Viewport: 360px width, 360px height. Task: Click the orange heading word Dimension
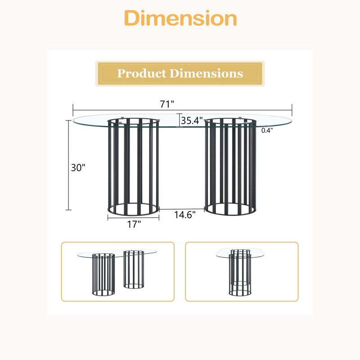point(180,18)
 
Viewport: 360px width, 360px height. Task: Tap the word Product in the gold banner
point(142,73)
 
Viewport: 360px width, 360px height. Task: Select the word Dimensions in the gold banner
point(206,73)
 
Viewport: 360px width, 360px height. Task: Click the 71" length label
point(167,104)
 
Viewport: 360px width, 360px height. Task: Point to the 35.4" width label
point(192,121)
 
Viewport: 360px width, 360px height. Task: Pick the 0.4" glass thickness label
point(267,130)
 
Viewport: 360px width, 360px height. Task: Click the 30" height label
point(78,168)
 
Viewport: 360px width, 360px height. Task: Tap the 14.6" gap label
point(185,215)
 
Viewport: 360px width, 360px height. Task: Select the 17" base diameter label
point(134,224)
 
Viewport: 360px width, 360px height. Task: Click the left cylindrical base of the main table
point(133,167)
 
